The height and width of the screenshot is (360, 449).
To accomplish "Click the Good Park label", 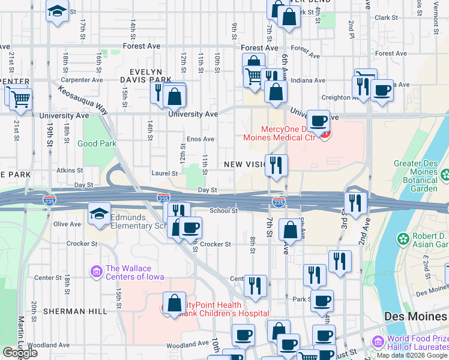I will [x=97, y=143].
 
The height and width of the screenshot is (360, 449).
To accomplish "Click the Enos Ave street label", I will [x=200, y=139].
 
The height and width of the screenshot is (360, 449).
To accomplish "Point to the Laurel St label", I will [x=164, y=173].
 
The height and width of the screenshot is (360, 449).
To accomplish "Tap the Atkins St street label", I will [x=69, y=170].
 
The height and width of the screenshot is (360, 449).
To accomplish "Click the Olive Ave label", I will [x=67, y=224].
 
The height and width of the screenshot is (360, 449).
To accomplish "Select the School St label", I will [x=224, y=211].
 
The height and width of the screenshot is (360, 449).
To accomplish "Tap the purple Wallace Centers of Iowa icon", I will [x=95, y=272].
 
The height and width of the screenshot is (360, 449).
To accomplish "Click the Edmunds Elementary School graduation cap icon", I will [x=100, y=214].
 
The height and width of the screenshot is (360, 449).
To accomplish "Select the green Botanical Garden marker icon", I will [x=445, y=175].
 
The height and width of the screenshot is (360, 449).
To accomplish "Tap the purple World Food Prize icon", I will [x=378, y=341].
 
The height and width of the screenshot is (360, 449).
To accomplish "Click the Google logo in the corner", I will [x=20, y=353].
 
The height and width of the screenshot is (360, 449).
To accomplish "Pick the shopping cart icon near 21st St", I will [x=20, y=97].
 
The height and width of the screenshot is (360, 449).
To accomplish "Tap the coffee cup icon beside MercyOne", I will [x=319, y=119].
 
